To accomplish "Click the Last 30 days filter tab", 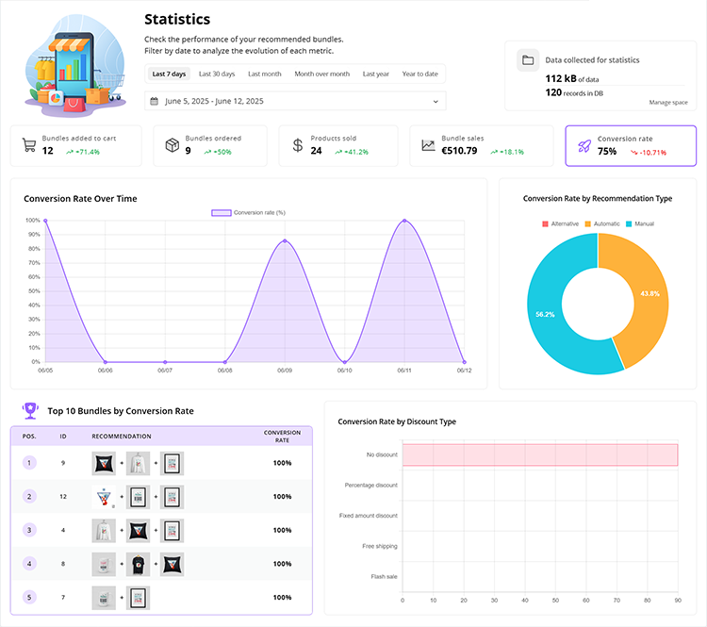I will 216,74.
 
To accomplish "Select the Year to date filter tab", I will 419,74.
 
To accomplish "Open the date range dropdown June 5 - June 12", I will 295,101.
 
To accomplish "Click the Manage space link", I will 668,102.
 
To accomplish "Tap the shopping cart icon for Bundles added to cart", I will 29,145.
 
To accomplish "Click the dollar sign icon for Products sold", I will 298,145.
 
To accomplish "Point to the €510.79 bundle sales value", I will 459,151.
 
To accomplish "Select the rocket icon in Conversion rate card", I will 584,146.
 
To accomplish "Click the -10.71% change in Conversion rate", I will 648,152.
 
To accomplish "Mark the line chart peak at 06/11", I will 404,221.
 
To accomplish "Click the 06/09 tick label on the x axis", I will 284,371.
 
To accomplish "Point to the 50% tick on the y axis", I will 34,291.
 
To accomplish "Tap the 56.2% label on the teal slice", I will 545,314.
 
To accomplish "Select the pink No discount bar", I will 539,454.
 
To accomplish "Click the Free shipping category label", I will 380,546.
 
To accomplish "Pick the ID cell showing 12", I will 63,496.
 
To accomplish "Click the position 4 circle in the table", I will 29,564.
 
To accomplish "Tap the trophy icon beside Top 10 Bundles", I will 30,410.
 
